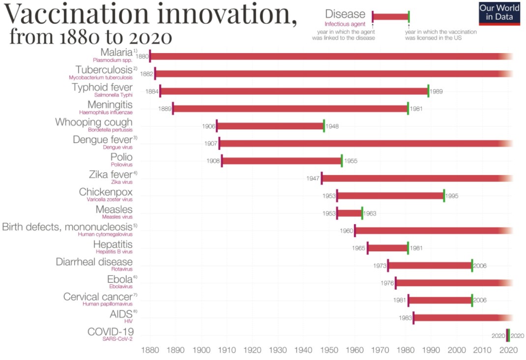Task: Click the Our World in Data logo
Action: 499,13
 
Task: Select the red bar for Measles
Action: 350,213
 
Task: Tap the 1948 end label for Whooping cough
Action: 331,126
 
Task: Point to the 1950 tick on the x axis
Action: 329,350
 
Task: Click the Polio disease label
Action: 121,157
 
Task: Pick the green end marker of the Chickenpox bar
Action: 444,195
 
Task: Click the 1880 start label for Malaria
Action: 142,57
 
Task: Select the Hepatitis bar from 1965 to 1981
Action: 388,248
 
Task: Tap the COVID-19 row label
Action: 111,331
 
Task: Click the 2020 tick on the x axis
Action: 509,350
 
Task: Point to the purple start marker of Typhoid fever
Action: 160,91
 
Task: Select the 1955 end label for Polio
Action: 351,161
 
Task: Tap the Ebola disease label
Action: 120,279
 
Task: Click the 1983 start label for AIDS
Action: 405,318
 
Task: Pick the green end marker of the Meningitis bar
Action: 408,108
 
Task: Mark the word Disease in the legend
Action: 345,14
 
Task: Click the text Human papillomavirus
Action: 107,303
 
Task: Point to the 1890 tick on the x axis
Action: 176,350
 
